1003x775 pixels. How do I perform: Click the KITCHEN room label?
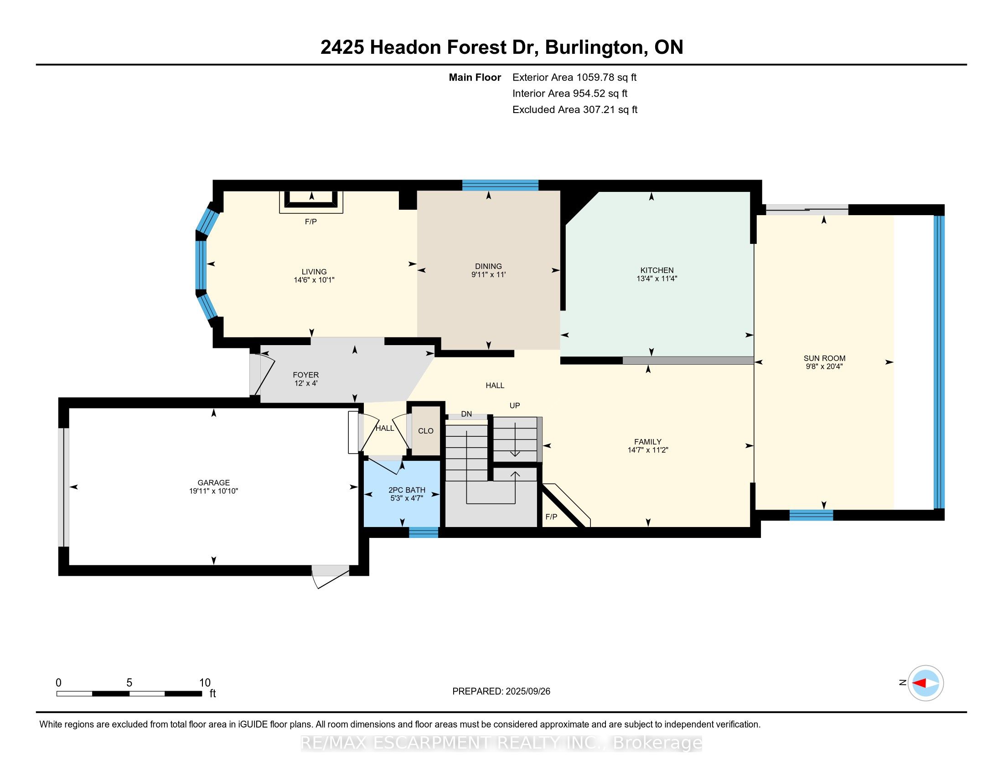(657, 270)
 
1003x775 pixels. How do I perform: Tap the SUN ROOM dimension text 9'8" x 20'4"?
(824, 367)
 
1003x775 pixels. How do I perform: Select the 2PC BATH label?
(406, 490)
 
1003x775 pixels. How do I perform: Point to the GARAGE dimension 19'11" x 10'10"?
(213, 491)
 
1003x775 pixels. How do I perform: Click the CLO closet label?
(425, 431)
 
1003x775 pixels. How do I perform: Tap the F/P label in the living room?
(311, 222)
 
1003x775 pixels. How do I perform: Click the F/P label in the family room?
(551, 517)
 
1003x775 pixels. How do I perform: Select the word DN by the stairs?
(466, 413)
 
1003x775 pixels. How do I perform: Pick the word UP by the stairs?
(514, 405)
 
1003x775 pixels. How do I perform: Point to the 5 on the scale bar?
(129, 683)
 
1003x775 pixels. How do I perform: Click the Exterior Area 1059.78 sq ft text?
(574, 77)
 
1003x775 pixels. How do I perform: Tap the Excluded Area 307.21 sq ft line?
(574, 109)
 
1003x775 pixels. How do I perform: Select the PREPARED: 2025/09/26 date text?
(501, 691)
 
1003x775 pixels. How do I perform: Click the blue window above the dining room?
(500, 186)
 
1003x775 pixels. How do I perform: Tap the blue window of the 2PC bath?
(424, 532)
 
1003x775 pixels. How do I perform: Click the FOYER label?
(305, 375)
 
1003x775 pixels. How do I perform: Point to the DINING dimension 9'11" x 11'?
(488, 274)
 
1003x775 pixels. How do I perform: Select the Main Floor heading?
(475, 77)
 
